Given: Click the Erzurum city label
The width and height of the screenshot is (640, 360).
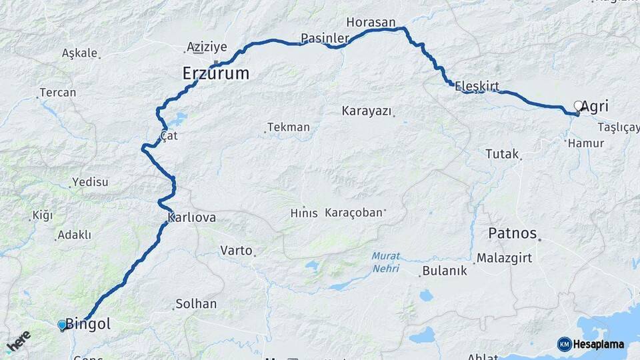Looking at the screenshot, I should point(216,73).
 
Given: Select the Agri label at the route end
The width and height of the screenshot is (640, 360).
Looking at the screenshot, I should point(595,106).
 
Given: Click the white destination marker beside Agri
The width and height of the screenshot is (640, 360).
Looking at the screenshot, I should point(579,106).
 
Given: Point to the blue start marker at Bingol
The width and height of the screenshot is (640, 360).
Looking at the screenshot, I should point(62,325).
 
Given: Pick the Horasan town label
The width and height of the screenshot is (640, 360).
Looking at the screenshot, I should point(371,22).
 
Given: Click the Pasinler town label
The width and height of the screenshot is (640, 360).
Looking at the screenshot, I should point(325,38).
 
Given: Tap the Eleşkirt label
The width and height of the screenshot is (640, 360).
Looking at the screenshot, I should point(477,86).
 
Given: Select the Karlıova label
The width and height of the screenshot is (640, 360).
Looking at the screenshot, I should point(192,218).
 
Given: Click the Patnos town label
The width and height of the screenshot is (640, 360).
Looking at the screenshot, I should point(513,233).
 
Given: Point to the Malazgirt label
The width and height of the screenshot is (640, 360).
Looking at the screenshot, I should point(505,258).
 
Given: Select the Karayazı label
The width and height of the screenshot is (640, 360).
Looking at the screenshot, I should point(367,111).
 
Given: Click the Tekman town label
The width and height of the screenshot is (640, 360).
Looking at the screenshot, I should point(289,127).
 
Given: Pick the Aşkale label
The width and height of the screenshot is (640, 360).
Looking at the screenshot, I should point(79,53).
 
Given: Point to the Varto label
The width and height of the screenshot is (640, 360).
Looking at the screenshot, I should point(236,251).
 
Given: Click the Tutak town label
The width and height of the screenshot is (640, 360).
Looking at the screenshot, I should point(502,154).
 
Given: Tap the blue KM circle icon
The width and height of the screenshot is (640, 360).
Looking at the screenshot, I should point(565,344).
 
